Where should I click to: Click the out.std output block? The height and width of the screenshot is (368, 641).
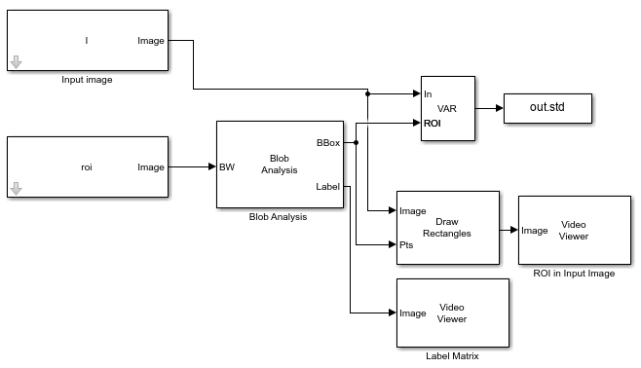tap(547, 108)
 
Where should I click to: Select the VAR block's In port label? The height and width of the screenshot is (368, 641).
tap(428, 94)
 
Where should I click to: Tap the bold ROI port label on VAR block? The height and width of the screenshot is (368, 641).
tap(433, 124)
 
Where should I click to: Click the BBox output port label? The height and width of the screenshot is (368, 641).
tap(328, 143)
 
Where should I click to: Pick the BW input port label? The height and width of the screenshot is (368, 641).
tap(226, 166)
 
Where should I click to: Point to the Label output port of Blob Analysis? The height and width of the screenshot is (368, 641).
tap(327, 187)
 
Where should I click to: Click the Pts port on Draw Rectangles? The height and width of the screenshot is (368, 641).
tap(407, 245)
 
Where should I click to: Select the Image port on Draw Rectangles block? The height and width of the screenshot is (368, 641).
tap(413, 210)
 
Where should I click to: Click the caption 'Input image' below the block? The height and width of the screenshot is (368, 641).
tap(87, 80)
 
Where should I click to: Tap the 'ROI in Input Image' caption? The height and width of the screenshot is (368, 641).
tap(574, 274)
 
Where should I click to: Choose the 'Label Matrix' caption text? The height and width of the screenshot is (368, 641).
tap(452, 356)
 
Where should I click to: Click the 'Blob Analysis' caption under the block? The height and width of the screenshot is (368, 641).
tap(278, 217)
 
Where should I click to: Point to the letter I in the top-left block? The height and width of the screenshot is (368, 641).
tap(87, 41)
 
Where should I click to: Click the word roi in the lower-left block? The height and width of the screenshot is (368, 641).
tap(87, 167)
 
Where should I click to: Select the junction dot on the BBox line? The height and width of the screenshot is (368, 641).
tap(357, 142)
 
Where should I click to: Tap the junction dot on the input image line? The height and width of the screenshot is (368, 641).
tap(367, 94)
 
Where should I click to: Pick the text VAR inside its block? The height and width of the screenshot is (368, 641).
tap(447, 109)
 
